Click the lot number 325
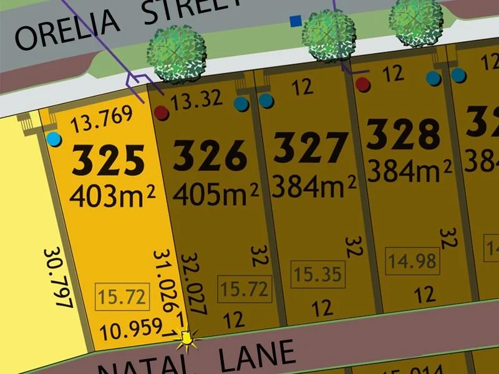(109, 161)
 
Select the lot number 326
(210, 156)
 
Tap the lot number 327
(311, 148)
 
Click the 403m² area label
(113, 196)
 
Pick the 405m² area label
(215, 193)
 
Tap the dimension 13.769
(102, 119)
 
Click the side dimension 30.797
(59, 278)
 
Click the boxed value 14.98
(412, 259)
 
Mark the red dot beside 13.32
(162, 113)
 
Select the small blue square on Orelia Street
(295, 22)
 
